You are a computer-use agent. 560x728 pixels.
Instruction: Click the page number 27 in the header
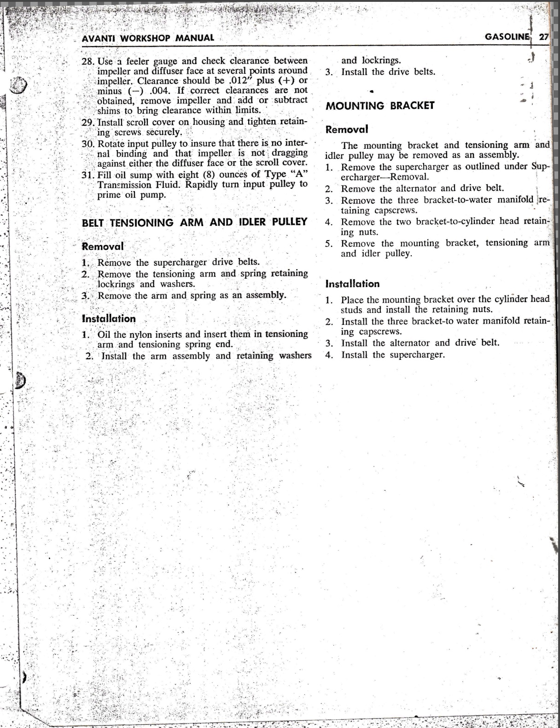(544, 37)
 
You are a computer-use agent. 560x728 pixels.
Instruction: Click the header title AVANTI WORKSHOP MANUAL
(147, 38)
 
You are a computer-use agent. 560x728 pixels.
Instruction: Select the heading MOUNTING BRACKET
(380, 106)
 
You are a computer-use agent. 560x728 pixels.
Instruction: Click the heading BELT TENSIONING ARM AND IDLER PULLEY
(194, 222)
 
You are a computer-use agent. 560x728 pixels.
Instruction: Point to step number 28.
(88, 61)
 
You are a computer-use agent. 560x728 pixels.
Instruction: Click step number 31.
(88, 175)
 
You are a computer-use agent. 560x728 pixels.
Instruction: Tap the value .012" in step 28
(239, 81)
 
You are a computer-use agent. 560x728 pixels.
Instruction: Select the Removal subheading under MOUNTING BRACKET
(346, 129)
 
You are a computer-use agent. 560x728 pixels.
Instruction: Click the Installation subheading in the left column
(109, 318)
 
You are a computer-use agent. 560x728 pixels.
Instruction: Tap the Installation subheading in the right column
(352, 284)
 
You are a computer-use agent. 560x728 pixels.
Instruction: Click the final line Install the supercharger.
(393, 355)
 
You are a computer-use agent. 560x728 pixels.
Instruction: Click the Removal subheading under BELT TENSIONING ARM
(103, 246)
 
